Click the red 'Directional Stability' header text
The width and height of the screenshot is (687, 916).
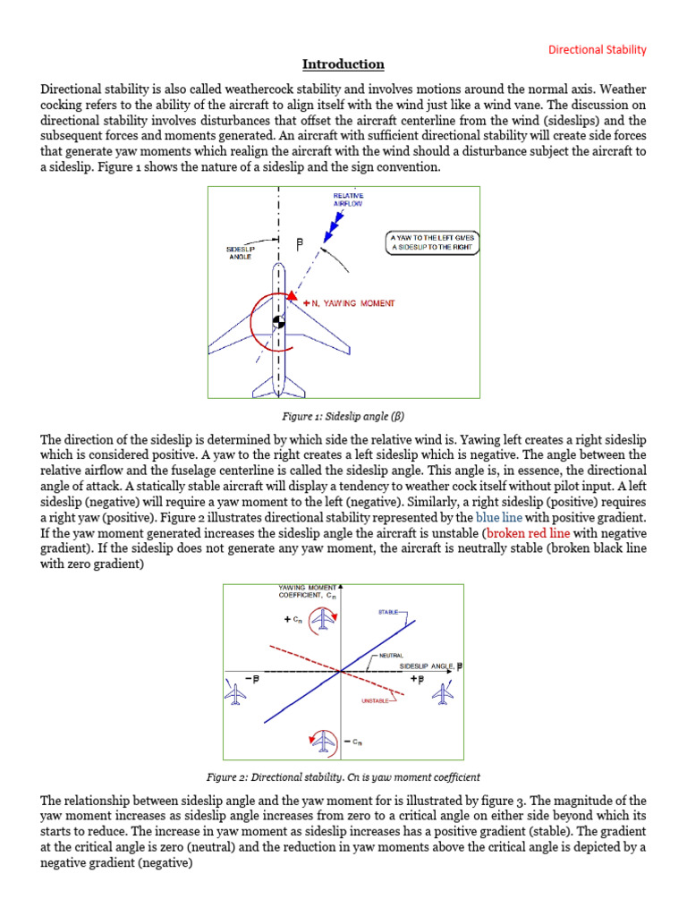(x=597, y=49)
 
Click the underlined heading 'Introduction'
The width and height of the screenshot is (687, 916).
(x=343, y=64)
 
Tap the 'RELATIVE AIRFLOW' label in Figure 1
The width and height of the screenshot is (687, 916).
(x=348, y=199)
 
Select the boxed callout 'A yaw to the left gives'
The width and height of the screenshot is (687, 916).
(x=431, y=237)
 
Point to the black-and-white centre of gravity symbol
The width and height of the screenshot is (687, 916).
(x=278, y=320)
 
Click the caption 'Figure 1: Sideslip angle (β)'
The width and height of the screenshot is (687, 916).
(x=343, y=416)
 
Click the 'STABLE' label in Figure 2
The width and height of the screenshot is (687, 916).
(x=389, y=613)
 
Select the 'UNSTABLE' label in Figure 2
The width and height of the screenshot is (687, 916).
(x=374, y=701)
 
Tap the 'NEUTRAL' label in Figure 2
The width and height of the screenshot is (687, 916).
(x=390, y=656)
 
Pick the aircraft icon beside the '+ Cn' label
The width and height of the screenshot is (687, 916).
(x=323, y=619)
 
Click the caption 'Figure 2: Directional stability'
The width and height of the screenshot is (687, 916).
(x=343, y=777)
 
